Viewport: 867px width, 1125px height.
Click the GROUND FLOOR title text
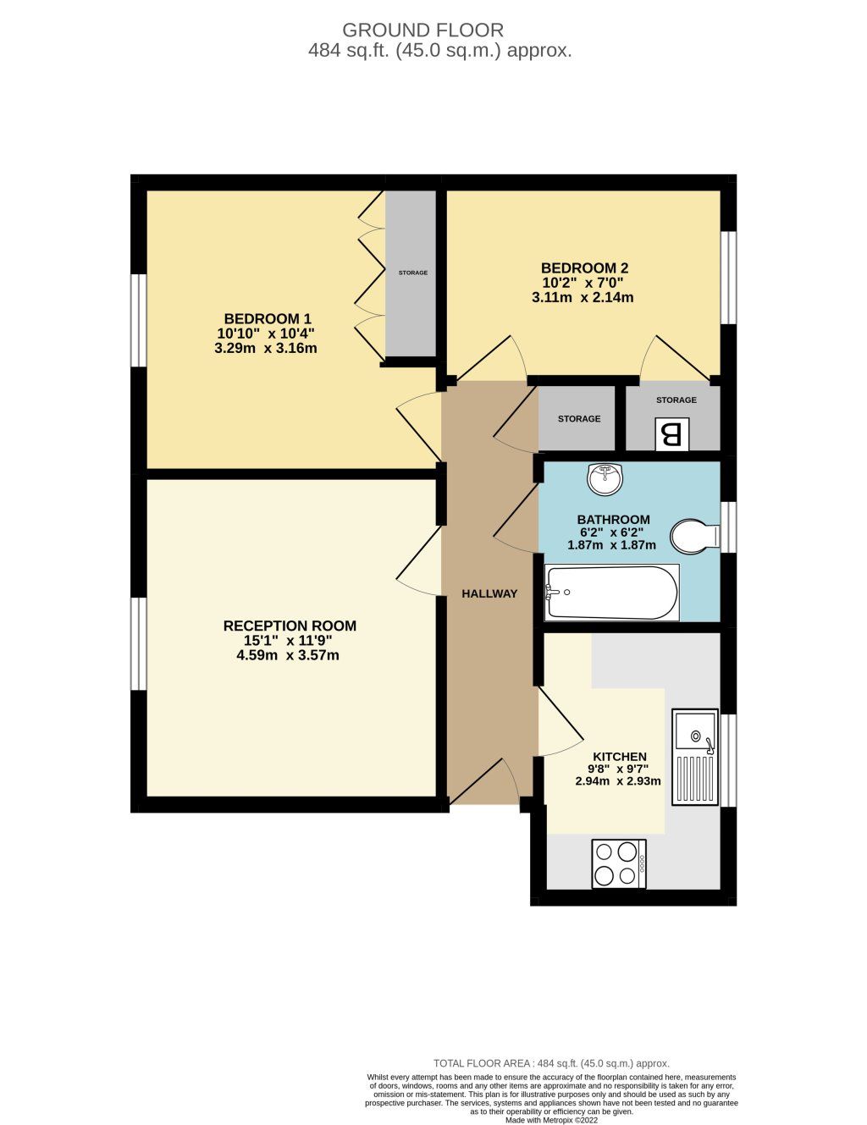(x=422, y=30)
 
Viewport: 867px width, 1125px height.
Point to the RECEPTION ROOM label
(x=290, y=626)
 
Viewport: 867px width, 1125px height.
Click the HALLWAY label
(x=489, y=593)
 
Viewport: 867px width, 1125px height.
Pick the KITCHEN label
(x=619, y=756)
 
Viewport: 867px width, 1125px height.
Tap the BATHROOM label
(x=613, y=520)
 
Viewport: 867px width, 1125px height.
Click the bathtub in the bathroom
(x=612, y=593)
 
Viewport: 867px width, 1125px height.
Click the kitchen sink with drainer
(x=695, y=757)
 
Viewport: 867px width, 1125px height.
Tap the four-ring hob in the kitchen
(x=619, y=863)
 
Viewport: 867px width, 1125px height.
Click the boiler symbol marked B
(x=671, y=435)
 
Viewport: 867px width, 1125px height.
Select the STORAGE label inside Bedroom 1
(x=413, y=273)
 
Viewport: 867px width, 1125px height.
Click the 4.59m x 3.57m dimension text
(x=288, y=655)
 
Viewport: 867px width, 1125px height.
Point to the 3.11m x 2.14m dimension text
(x=583, y=297)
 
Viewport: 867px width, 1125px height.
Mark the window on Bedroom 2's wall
(x=728, y=277)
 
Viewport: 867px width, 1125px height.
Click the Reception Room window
(x=138, y=643)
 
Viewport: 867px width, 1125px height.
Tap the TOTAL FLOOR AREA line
(x=551, y=1063)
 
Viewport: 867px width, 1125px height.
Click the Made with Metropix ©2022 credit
(x=551, y=1120)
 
